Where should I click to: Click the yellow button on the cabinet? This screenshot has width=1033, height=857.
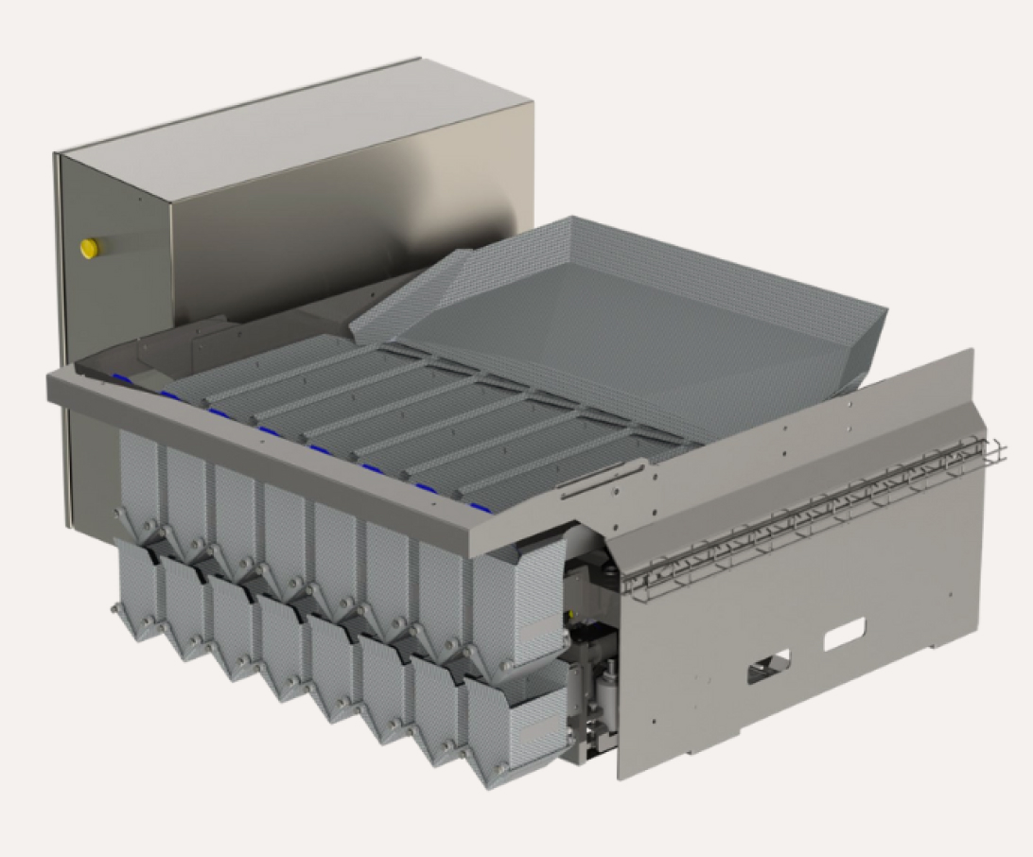pyautogui.click(x=90, y=248)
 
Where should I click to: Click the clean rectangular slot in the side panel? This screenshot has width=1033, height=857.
pyautogui.click(x=844, y=634)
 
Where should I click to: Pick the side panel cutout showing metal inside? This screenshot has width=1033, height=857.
pyautogui.click(x=768, y=668)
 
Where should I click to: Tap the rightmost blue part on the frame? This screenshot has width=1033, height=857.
pyautogui.click(x=482, y=508)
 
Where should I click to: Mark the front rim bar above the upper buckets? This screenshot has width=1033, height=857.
pyautogui.click(x=284, y=445)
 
